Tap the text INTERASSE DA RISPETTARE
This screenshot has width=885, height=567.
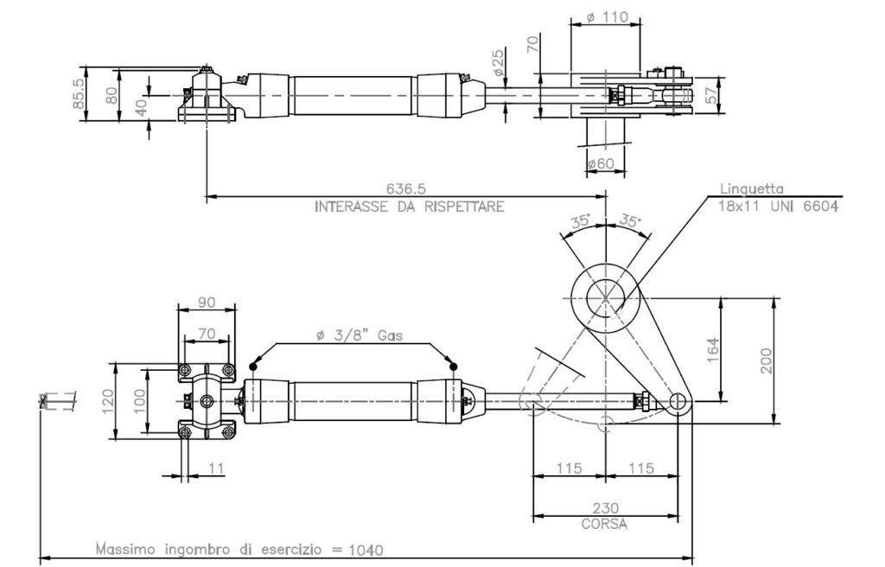click(x=409, y=207)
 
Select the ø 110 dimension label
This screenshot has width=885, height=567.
click(x=606, y=16)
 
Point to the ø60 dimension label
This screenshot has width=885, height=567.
click(x=601, y=164)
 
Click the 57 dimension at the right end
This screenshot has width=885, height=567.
click(x=711, y=95)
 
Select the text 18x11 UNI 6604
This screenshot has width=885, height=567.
click(x=777, y=206)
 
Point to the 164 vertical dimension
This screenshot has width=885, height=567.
click(x=713, y=349)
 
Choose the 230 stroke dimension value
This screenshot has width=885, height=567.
click(x=605, y=509)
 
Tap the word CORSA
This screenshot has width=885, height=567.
click(x=605, y=524)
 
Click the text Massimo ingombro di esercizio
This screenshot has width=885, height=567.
click(x=207, y=549)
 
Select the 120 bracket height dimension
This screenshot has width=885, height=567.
click(x=107, y=401)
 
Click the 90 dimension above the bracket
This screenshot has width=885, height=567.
click(x=206, y=303)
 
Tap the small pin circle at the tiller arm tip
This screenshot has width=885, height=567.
click(x=678, y=401)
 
